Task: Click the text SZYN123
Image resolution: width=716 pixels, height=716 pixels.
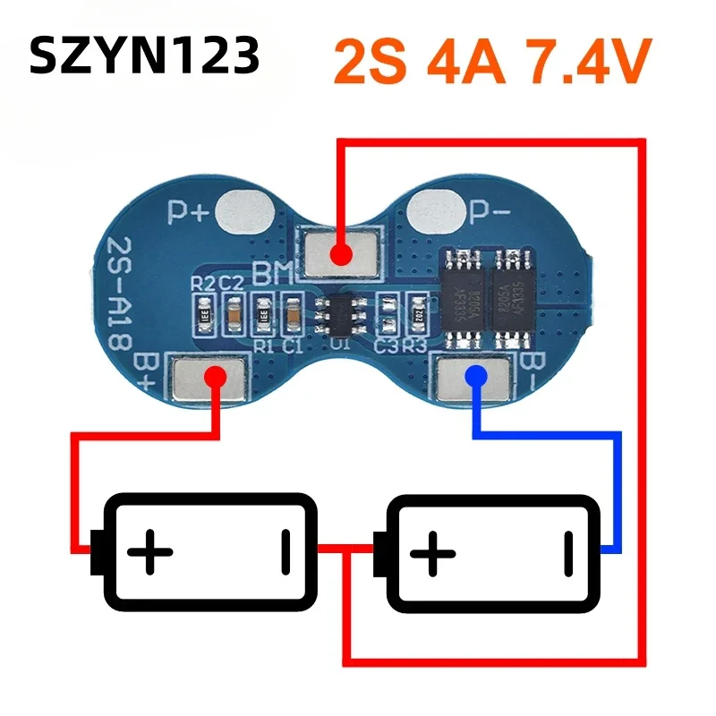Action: coord(144,55)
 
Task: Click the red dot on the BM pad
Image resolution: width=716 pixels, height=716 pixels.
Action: coord(339,254)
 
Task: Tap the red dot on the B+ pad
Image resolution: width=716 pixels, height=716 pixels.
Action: coord(216,377)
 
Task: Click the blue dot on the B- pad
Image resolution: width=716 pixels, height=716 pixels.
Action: coord(475,377)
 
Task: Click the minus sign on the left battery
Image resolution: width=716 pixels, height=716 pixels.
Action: coord(285,548)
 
